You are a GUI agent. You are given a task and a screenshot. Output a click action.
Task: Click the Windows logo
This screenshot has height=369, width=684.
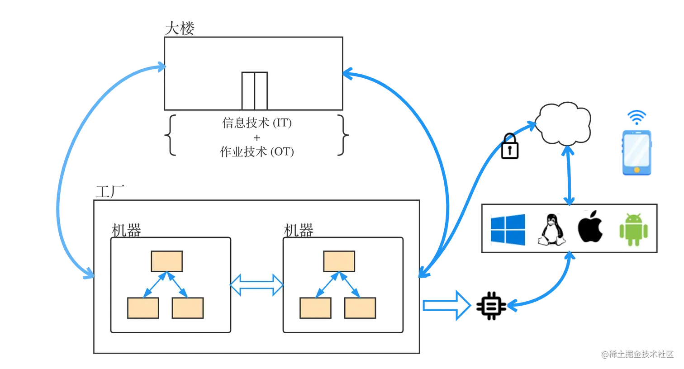508,230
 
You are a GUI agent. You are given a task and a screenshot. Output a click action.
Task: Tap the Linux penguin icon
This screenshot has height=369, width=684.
551,230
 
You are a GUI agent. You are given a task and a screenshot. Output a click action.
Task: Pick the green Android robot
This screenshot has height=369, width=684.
633,230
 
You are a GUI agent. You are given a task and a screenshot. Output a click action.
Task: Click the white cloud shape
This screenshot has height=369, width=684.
563,123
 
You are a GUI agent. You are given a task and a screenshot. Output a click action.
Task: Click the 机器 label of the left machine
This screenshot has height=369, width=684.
126,230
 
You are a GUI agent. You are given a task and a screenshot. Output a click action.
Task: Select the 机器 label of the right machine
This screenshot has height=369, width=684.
299,230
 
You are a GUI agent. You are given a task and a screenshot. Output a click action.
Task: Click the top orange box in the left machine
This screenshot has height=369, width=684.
167,261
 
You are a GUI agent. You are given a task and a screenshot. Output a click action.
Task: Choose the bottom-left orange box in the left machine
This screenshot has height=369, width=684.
143,308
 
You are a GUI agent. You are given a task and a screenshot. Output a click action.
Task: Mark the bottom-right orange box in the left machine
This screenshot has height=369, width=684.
188,308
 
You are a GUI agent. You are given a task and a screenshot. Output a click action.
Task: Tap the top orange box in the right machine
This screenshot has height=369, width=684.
339,261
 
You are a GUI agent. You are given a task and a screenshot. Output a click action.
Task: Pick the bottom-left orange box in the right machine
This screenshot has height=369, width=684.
315,308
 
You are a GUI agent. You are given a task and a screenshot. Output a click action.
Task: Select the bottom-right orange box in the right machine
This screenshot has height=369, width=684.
360,308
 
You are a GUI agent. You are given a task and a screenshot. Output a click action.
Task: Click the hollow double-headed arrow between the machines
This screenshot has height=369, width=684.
256,285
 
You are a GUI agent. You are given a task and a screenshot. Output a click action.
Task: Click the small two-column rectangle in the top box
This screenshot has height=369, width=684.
254,90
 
